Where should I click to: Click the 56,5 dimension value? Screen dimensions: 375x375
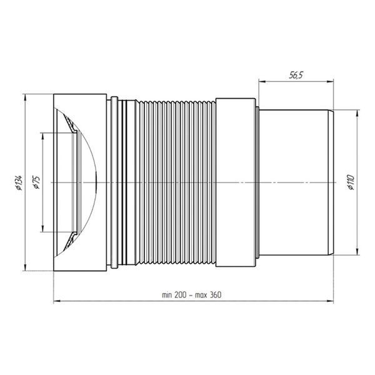pos(296,75)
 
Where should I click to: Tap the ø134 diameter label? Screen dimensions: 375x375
pos(19,182)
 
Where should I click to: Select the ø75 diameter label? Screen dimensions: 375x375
pos(37,182)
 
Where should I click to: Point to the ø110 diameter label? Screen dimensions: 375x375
pos(351,182)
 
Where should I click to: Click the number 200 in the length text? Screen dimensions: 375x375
pos(181,294)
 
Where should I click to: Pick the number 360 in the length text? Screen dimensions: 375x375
pos(216,294)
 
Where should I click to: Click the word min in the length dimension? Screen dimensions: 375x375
pos(167,295)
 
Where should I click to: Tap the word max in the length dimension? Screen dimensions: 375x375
pos(201,295)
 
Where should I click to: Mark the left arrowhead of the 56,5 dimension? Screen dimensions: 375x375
pos(262,82)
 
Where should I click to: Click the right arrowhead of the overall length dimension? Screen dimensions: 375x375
pos(330,301)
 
